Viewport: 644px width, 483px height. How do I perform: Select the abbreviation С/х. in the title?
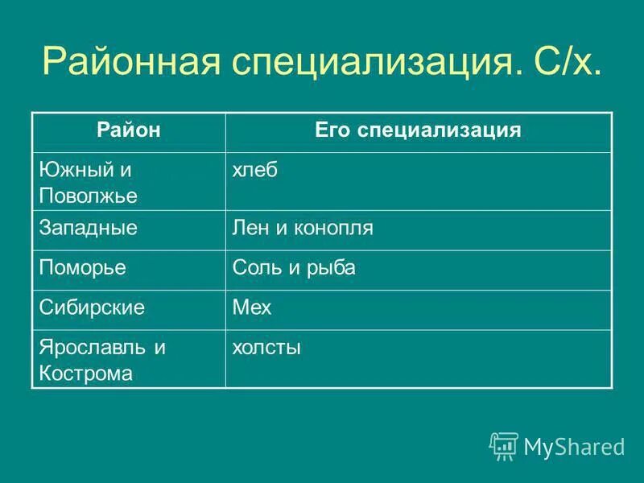(x=559, y=62)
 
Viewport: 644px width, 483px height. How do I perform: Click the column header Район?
(x=129, y=130)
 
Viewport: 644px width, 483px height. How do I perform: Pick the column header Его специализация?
(x=418, y=130)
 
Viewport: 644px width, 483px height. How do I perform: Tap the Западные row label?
(x=89, y=229)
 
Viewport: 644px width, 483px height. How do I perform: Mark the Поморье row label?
(x=83, y=269)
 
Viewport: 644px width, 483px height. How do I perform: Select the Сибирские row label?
(x=92, y=309)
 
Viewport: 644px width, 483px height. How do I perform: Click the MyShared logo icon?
(x=504, y=446)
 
